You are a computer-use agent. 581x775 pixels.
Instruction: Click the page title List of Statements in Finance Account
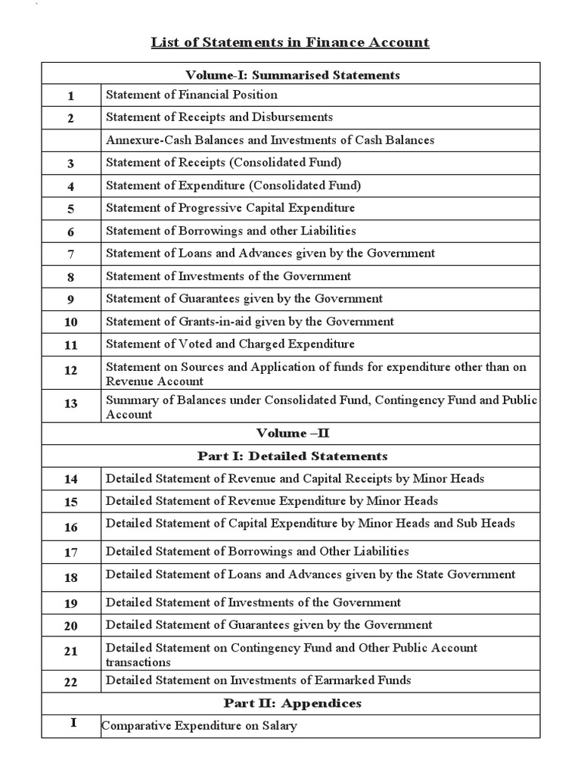(x=290, y=42)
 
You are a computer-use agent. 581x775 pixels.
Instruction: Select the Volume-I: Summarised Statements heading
(x=292, y=74)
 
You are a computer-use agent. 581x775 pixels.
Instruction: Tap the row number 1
(x=71, y=96)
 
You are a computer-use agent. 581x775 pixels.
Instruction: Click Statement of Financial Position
(x=191, y=95)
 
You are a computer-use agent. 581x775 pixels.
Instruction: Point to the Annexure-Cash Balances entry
(x=270, y=140)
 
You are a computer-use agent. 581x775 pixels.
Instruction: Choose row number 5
(x=71, y=210)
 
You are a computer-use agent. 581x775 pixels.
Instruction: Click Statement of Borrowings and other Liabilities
(x=231, y=231)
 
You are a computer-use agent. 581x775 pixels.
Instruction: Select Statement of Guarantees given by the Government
(x=244, y=299)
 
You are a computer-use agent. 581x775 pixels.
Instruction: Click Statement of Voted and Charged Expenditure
(x=230, y=344)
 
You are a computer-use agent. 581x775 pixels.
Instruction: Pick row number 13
(x=71, y=404)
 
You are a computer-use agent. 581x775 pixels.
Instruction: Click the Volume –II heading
(x=292, y=434)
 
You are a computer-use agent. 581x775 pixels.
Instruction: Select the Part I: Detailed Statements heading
(x=292, y=456)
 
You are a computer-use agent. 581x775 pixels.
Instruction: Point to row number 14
(x=71, y=480)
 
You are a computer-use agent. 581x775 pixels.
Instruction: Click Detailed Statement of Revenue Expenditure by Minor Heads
(x=272, y=501)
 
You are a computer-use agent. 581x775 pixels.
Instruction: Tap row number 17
(x=71, y=553)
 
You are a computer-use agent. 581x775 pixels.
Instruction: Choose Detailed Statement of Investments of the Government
(x=253, y=602)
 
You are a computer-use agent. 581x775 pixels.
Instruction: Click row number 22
(x=71, y=682)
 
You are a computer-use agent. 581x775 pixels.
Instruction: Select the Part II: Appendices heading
(x=292, y=703)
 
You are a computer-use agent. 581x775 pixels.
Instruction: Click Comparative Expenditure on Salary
(x=200, y=726)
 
